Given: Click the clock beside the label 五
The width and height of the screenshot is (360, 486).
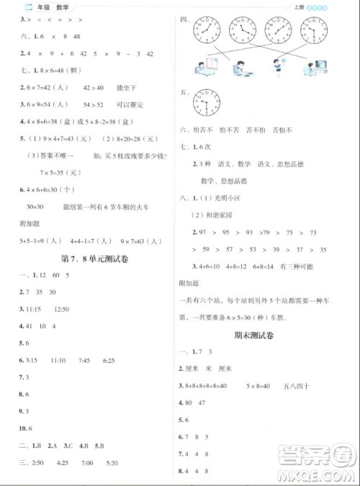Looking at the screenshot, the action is [208, 107].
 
